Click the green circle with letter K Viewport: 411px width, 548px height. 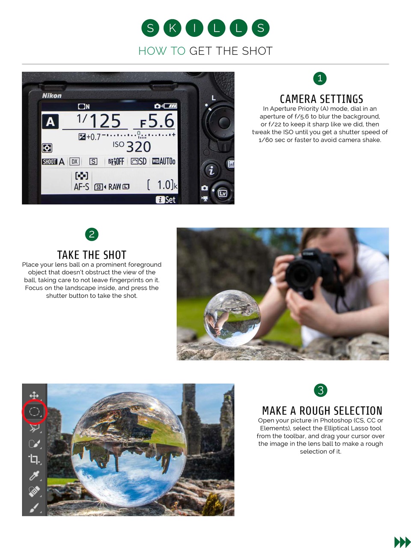click(172, 28)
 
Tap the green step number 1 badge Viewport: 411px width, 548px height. click(320, 78)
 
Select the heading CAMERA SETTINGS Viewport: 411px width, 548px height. click(321, 99)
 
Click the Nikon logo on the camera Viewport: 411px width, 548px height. click(52, 95)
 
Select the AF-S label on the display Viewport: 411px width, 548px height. click(81, 187)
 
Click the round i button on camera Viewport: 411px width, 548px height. click(211, 170)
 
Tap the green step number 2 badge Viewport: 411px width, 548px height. click(92, 234)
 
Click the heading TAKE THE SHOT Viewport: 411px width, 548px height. click(92, 255)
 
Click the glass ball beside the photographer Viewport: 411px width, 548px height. click(232, 317)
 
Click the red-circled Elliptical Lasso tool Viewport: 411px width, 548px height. click(34, 412)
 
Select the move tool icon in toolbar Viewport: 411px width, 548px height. click(34, 395)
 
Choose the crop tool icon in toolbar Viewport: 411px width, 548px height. click(34, 459)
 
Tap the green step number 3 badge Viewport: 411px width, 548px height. click(320, 390)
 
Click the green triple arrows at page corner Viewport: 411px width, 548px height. click(402, 542)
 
